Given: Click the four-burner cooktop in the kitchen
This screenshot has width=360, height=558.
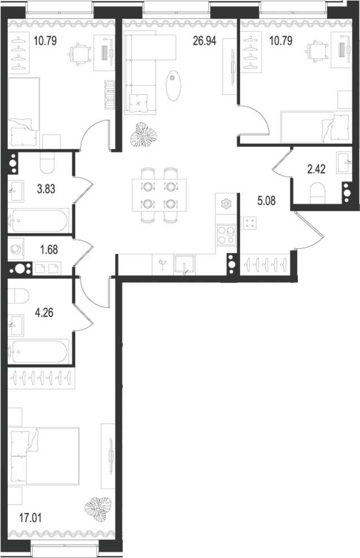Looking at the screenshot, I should [227, 235].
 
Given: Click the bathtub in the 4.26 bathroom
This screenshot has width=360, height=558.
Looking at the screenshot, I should [38, 351].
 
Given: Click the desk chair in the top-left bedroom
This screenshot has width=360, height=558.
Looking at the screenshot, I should [80, 54].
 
